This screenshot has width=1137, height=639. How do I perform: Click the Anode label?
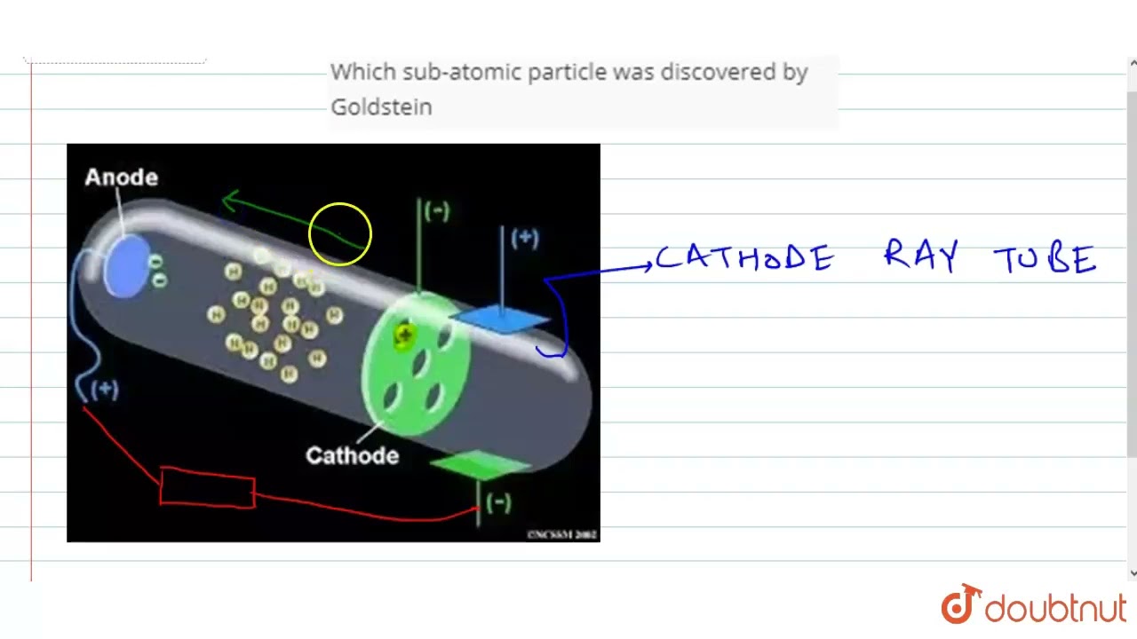(x=122, y=177)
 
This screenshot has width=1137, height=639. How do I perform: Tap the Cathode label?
(x=352, y=455)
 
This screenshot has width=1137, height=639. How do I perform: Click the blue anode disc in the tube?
(x=126, y=265)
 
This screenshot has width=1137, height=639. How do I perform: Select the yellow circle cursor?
(x=340, y=234)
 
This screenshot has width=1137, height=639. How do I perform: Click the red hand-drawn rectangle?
(x=208, y=488)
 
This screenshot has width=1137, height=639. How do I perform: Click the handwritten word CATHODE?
(x=744, y=258)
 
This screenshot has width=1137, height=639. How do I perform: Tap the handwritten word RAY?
(x=920, y=256)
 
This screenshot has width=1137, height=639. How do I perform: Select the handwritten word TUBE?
(x=1045, y=260)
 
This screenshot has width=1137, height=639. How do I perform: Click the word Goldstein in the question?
(x=381, y=106)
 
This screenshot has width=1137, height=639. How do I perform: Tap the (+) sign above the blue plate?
(x=525, y=238)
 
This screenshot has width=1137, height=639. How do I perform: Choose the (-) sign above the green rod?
(x=437, y=211)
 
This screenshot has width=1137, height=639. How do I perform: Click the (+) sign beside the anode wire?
(x=105, y=390)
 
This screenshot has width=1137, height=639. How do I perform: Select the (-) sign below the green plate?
(x=498, y=502)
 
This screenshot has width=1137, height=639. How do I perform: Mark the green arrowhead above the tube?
(x=230, y=201)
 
